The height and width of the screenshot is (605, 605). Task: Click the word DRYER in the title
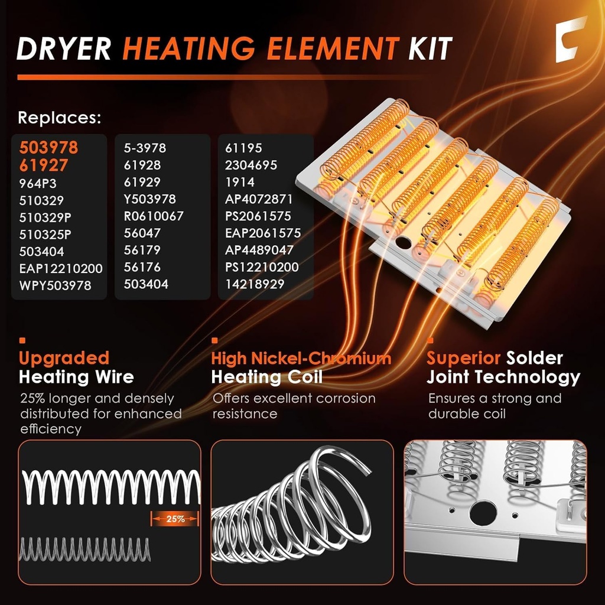(x=64, y=48)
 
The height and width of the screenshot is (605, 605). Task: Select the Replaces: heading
(x=59, y=118)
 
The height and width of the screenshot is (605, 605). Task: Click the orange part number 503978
(x=48, y=148)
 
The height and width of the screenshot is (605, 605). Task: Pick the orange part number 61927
(x=43, y=165)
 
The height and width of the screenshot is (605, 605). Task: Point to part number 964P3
(x=38, y=183)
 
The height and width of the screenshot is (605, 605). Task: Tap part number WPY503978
(x=56, y=285)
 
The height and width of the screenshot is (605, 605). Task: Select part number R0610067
(x=154, y=216)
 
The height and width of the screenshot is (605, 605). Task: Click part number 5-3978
(x=145, y=148)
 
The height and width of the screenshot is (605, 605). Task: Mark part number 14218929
(x=255, y=284)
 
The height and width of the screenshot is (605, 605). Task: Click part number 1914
(x=240, y=183)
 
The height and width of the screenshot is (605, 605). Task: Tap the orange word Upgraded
(x=64, y=358)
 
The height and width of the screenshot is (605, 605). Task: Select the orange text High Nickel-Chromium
(x=301, y=358)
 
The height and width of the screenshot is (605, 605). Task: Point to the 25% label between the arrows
(x=175, y=519)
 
